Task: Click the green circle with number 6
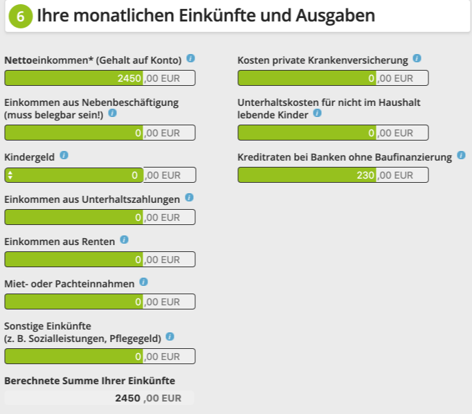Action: point(20,17)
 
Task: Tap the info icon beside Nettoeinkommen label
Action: point(191,59)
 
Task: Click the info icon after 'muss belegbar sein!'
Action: point(113,113)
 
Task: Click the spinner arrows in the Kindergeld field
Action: point(10,175)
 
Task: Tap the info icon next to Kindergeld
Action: point(64,156)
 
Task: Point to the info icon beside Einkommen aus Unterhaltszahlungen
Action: point(190,198)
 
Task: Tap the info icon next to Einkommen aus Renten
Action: point(125,240)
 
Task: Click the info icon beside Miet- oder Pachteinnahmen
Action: point(143,282)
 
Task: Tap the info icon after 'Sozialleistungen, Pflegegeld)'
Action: point(170,337)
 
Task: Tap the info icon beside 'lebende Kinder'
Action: point(318,113)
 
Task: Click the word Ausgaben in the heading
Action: point(336,15)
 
